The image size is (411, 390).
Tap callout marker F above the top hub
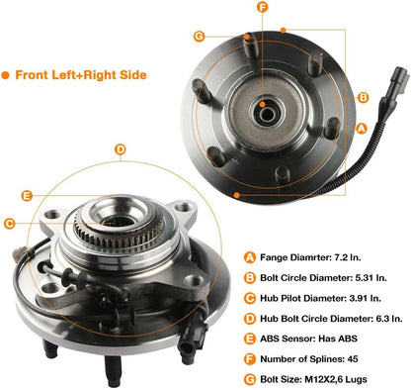[x=262, y=9]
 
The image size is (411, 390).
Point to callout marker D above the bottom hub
[x=120, y=150]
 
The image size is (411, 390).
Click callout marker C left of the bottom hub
[x=9, y=223]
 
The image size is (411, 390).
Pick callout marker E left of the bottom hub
[x=27, y=196]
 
